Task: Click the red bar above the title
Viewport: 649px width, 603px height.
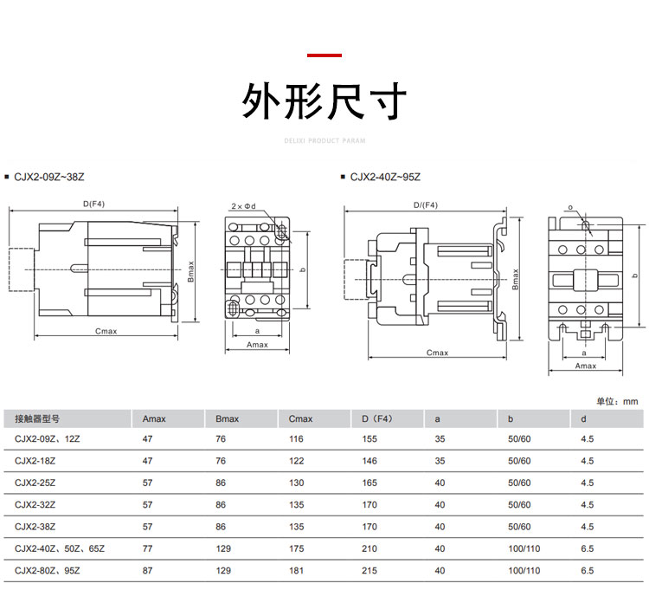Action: click(324, 55)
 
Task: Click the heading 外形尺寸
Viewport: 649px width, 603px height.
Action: click(324, 102)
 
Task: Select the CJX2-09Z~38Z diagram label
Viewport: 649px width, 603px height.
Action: click(49, 177)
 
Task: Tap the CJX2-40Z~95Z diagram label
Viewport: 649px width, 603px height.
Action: click(385, 177)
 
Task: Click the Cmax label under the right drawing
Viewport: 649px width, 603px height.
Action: click(438, 353)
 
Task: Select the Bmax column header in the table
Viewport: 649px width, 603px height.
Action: click(227, 419)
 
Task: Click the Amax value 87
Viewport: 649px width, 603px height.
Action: click(147, 571)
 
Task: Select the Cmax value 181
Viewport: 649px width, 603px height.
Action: click(297, 571)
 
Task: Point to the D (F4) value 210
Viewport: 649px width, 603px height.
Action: click(370, 549)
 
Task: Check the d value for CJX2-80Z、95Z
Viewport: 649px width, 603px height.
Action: click(588, 571)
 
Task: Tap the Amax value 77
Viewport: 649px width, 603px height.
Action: click(147, 549)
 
